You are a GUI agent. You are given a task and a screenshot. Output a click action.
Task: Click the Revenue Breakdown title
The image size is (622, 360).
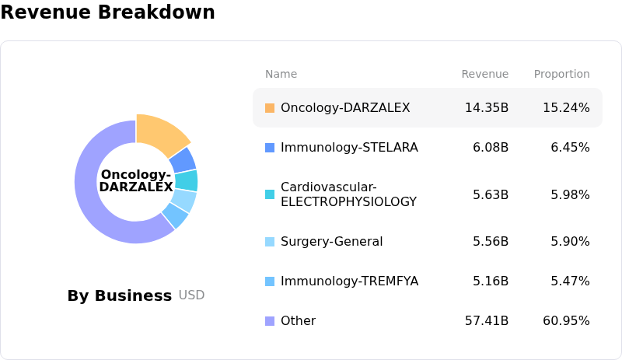(x=107, y=12)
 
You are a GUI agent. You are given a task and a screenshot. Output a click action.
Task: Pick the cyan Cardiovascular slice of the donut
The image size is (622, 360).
(x=187, y=180)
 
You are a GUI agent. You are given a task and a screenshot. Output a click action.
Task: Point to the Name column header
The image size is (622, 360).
(x=281, y=74)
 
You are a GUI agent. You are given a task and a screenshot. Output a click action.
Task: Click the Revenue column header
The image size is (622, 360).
(x=484, y=74)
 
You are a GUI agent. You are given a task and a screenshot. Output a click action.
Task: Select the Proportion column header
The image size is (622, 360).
(x=561, y=74)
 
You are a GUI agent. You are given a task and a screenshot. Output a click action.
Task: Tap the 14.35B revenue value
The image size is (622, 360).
(x=487, y=107)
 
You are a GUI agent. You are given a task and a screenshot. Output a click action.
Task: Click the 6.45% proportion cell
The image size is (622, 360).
(x=570, y=147)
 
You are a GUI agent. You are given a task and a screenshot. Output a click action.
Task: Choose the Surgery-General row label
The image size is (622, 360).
(x=332, y=241)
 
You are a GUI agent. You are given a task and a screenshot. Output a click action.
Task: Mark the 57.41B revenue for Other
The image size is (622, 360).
(x=487, y=320)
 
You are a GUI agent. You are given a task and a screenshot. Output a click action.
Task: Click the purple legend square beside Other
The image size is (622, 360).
(x=270, y=320)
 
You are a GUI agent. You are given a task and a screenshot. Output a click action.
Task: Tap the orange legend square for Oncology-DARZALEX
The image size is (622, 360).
(x=270, y=107)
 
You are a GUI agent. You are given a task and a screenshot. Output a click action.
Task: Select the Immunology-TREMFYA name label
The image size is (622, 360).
(x=349, y=281)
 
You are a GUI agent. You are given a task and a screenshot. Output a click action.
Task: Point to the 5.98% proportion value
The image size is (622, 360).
(x=570, y=194)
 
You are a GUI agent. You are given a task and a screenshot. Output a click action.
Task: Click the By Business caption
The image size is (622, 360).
(x=120, y=295)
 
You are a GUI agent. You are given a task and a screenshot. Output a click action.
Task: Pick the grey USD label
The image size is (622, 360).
(x=191, y=295)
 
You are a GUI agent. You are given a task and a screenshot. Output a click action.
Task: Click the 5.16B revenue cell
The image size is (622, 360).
(x=491, y=281)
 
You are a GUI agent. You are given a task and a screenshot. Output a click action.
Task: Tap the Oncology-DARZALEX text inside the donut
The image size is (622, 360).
(x=136, y=180)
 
